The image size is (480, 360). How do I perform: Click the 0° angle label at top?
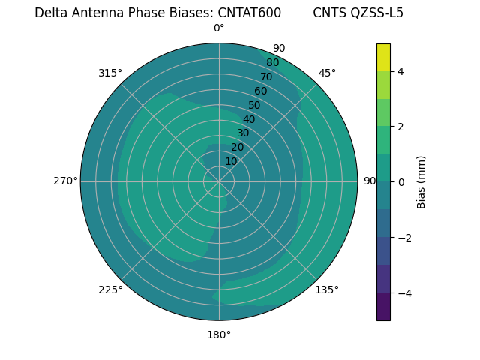[x=219, y=28]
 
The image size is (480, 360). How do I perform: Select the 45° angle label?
[x=327, y=73]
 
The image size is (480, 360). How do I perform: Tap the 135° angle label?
[x=327, y=289]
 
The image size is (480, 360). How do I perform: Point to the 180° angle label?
[x=219, y=334]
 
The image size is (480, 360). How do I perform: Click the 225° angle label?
[x=110, y=289]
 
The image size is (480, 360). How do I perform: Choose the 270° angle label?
[x=65, y=181]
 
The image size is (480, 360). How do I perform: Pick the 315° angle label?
[x=110, y=73]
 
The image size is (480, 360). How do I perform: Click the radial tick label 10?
[x=231, y=161]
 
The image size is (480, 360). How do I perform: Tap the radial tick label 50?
[x=254, y=105]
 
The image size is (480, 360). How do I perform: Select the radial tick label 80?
[x=272, y=63]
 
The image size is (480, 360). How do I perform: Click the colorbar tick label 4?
[x=400, y=71]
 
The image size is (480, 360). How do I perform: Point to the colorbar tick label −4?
[x=403, y=292]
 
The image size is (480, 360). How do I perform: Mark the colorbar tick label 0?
[x=400, y=181]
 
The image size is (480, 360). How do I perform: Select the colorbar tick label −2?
[x=403, y=237]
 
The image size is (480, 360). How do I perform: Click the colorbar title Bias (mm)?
[x=421, y=181]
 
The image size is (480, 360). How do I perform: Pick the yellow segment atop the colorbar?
[x=383, y=57]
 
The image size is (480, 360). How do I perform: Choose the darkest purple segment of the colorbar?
[x=383, y=306]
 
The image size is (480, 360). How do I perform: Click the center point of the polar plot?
[x=219, y=181]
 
